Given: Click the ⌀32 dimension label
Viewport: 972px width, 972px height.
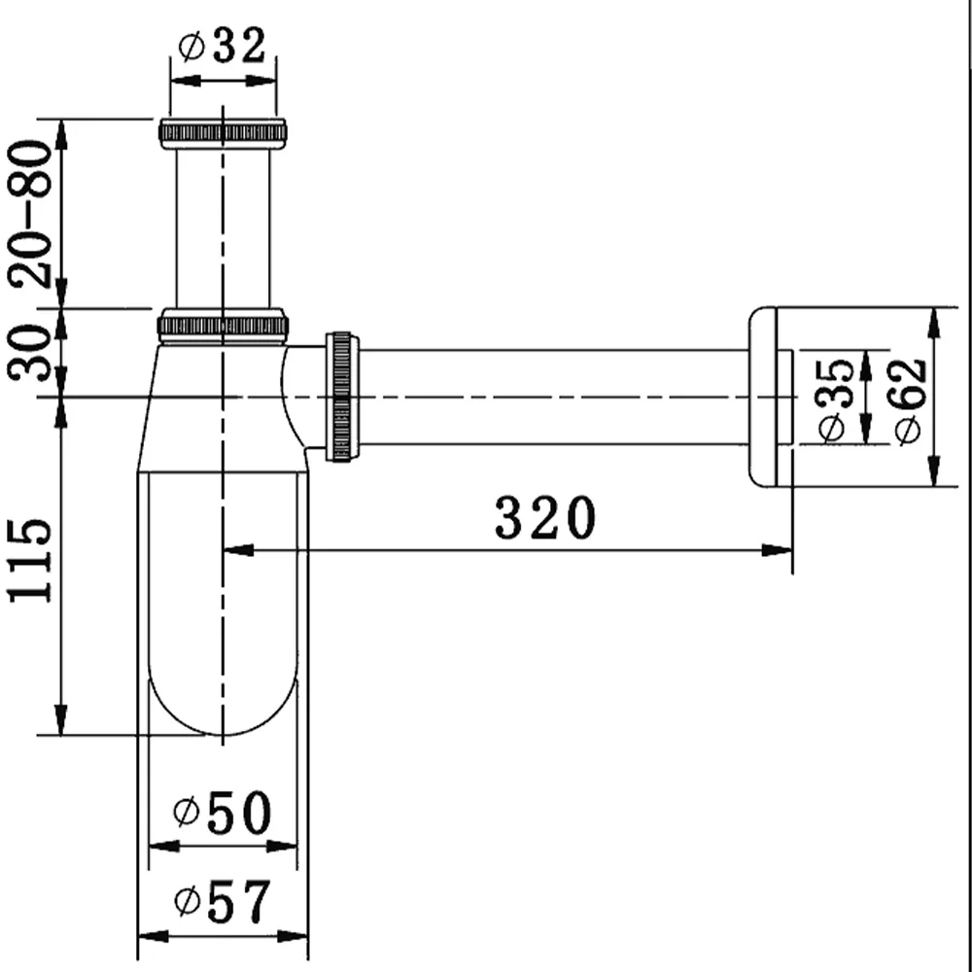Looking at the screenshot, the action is (222, 45).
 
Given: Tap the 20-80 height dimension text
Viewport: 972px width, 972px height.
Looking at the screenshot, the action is (31, 214).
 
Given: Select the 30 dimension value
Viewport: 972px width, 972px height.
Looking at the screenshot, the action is (29, 352).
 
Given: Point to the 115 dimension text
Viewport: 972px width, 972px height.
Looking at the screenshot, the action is (29, 561).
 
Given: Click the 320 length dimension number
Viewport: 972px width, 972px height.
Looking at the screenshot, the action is (545, 517).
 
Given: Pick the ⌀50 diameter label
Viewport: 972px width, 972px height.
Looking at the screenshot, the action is (223, 812).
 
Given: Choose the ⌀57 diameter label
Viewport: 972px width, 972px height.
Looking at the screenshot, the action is (223, 900).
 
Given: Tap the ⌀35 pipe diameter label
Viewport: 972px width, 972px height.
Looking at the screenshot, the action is (834, 399).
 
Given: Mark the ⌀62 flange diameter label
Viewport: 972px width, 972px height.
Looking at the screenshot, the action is (910, 401).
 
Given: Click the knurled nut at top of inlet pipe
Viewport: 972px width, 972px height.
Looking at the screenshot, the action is (224, 133).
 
